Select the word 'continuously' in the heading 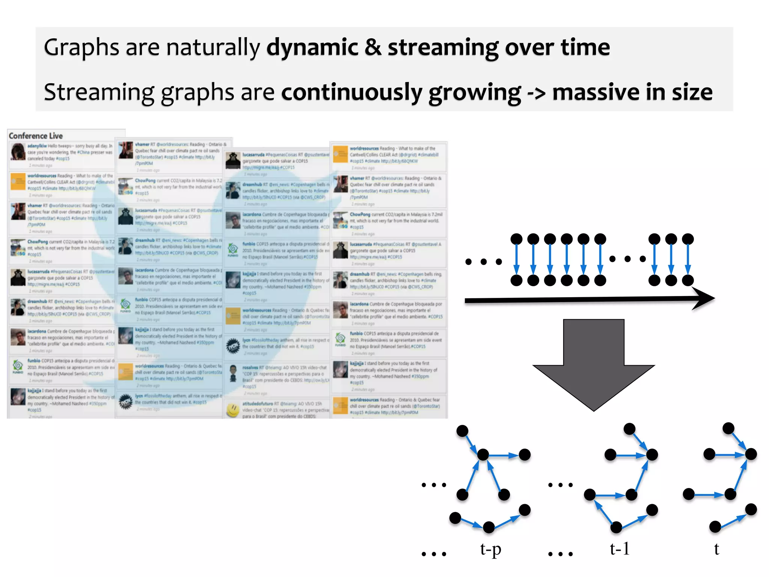[352, 92]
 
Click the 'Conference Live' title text [36, 136]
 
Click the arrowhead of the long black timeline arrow [704, 299]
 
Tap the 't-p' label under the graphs [490, 549]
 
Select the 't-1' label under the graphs [620, 549]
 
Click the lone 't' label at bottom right [716, 549]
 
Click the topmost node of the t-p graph [462, 430]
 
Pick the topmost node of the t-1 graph [629, 429]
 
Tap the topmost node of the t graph [728, 428]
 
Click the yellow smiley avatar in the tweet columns [233, 410]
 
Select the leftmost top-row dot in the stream [516, 239]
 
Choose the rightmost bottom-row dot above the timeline [688, 280]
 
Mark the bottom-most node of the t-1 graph [616, 527]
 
